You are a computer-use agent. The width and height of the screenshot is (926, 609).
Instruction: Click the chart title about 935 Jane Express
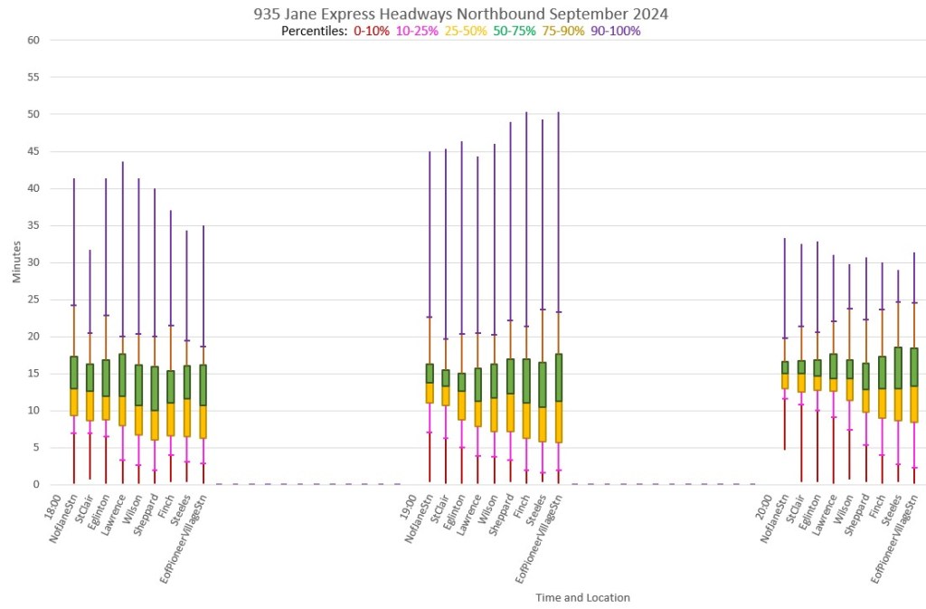(462, 14)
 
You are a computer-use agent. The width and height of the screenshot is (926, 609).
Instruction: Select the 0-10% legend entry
(372, 31)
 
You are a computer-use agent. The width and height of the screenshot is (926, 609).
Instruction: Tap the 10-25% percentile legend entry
(416, 31)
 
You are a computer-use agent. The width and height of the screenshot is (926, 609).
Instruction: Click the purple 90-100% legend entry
(616, 31)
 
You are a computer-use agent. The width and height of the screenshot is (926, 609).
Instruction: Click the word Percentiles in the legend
(314, 31)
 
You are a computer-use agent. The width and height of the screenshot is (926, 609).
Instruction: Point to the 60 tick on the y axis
(33, 40)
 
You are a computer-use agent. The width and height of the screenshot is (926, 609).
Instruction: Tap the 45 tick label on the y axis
(33, 151)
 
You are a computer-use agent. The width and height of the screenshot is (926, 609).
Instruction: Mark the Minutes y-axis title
(17, 262)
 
